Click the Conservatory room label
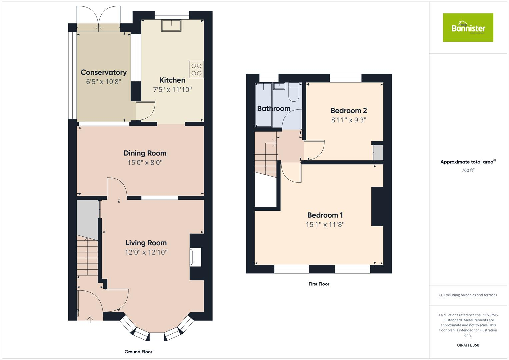[104, 72]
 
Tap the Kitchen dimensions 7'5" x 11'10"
[172, 90]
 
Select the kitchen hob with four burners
[196, 69]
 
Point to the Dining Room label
[145, 153]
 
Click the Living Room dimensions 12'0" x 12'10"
[146, 252]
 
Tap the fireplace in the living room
[195, 257]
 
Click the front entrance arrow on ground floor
[90, 319]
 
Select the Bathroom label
[274, 108]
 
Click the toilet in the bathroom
[294, 93]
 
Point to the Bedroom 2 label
[349, 110]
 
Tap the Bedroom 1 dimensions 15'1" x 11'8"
[325, 225]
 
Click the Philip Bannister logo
[468, 28]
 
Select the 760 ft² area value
[468, 170]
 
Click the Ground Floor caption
[138, 352]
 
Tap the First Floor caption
[319, 284]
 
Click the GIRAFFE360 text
[468, 345]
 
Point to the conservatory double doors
[98, 18]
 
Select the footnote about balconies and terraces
[468, 295]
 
